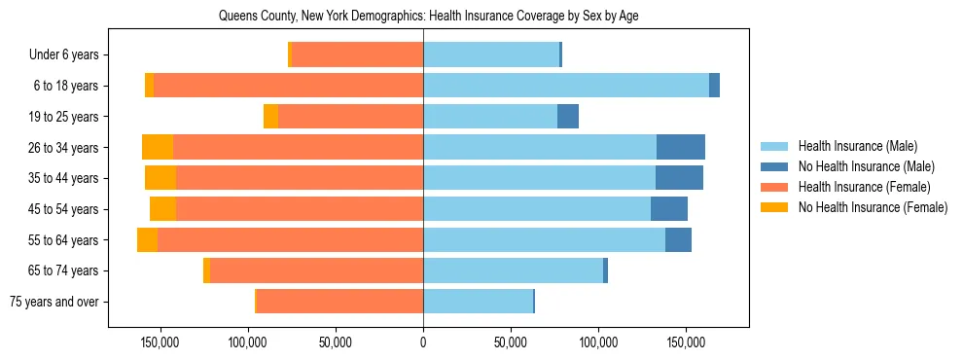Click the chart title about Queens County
click(428, 16)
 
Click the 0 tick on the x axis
click(423, 343)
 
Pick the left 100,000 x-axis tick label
click(247, 343)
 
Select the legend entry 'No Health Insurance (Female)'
click(873, 207)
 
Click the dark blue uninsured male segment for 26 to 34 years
click(681, 148)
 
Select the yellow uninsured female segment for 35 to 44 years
click(160, 178)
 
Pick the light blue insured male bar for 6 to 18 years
click(566, 86)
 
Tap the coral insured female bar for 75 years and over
click(339, 302)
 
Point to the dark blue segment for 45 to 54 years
click(669, 209)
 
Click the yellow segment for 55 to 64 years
click(147, 240)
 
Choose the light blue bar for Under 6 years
click(491, 55)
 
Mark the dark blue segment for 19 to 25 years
click(568, 117)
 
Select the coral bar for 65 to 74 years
click(316, 270)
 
